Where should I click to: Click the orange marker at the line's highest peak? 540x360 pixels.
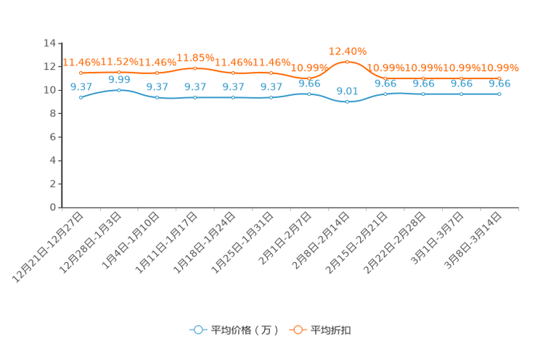(x=347, y=62)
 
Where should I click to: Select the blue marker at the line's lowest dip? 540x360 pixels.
(x=347, y=102)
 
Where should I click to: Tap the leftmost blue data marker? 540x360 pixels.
(x=81, y=97)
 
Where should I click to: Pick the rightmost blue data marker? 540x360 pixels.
(x=499, y=94)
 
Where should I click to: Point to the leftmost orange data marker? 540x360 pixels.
(x=81, y=73)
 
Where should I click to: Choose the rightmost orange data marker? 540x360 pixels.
(x=499, y=78)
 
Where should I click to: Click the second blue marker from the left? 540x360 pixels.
(x=118, y=90)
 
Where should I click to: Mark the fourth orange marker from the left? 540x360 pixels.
(x=195, y=67)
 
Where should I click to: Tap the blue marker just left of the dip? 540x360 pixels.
(x=309, y=94)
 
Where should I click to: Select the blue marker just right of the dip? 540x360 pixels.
(x=385, y=94)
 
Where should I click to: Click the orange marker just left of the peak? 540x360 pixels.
(x=309, y=78)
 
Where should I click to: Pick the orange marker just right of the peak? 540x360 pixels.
(x=385, y=78)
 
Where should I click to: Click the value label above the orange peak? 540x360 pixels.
(x=347, y=51)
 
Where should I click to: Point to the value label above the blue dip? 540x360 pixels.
(x=347, y=91)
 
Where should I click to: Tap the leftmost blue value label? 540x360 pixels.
(x=81, y=86)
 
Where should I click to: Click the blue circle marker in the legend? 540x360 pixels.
(x=197, y=330)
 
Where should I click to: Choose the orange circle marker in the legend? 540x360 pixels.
(x=298, y=330)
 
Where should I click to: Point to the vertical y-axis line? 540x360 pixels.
(x=59, y=123)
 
